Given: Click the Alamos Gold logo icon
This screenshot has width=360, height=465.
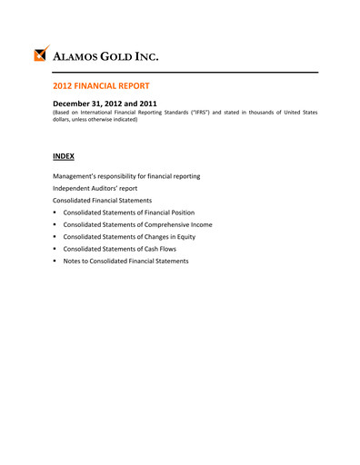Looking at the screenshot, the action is [41, 54].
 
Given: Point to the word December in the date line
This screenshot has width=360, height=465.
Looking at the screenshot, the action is [75, 104].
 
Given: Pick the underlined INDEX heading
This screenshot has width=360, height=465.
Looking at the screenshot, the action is [63, 156].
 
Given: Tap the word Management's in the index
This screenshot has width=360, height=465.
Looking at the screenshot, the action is [76, 175].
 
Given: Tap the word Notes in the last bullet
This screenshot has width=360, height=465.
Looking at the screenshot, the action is [73, 261].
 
